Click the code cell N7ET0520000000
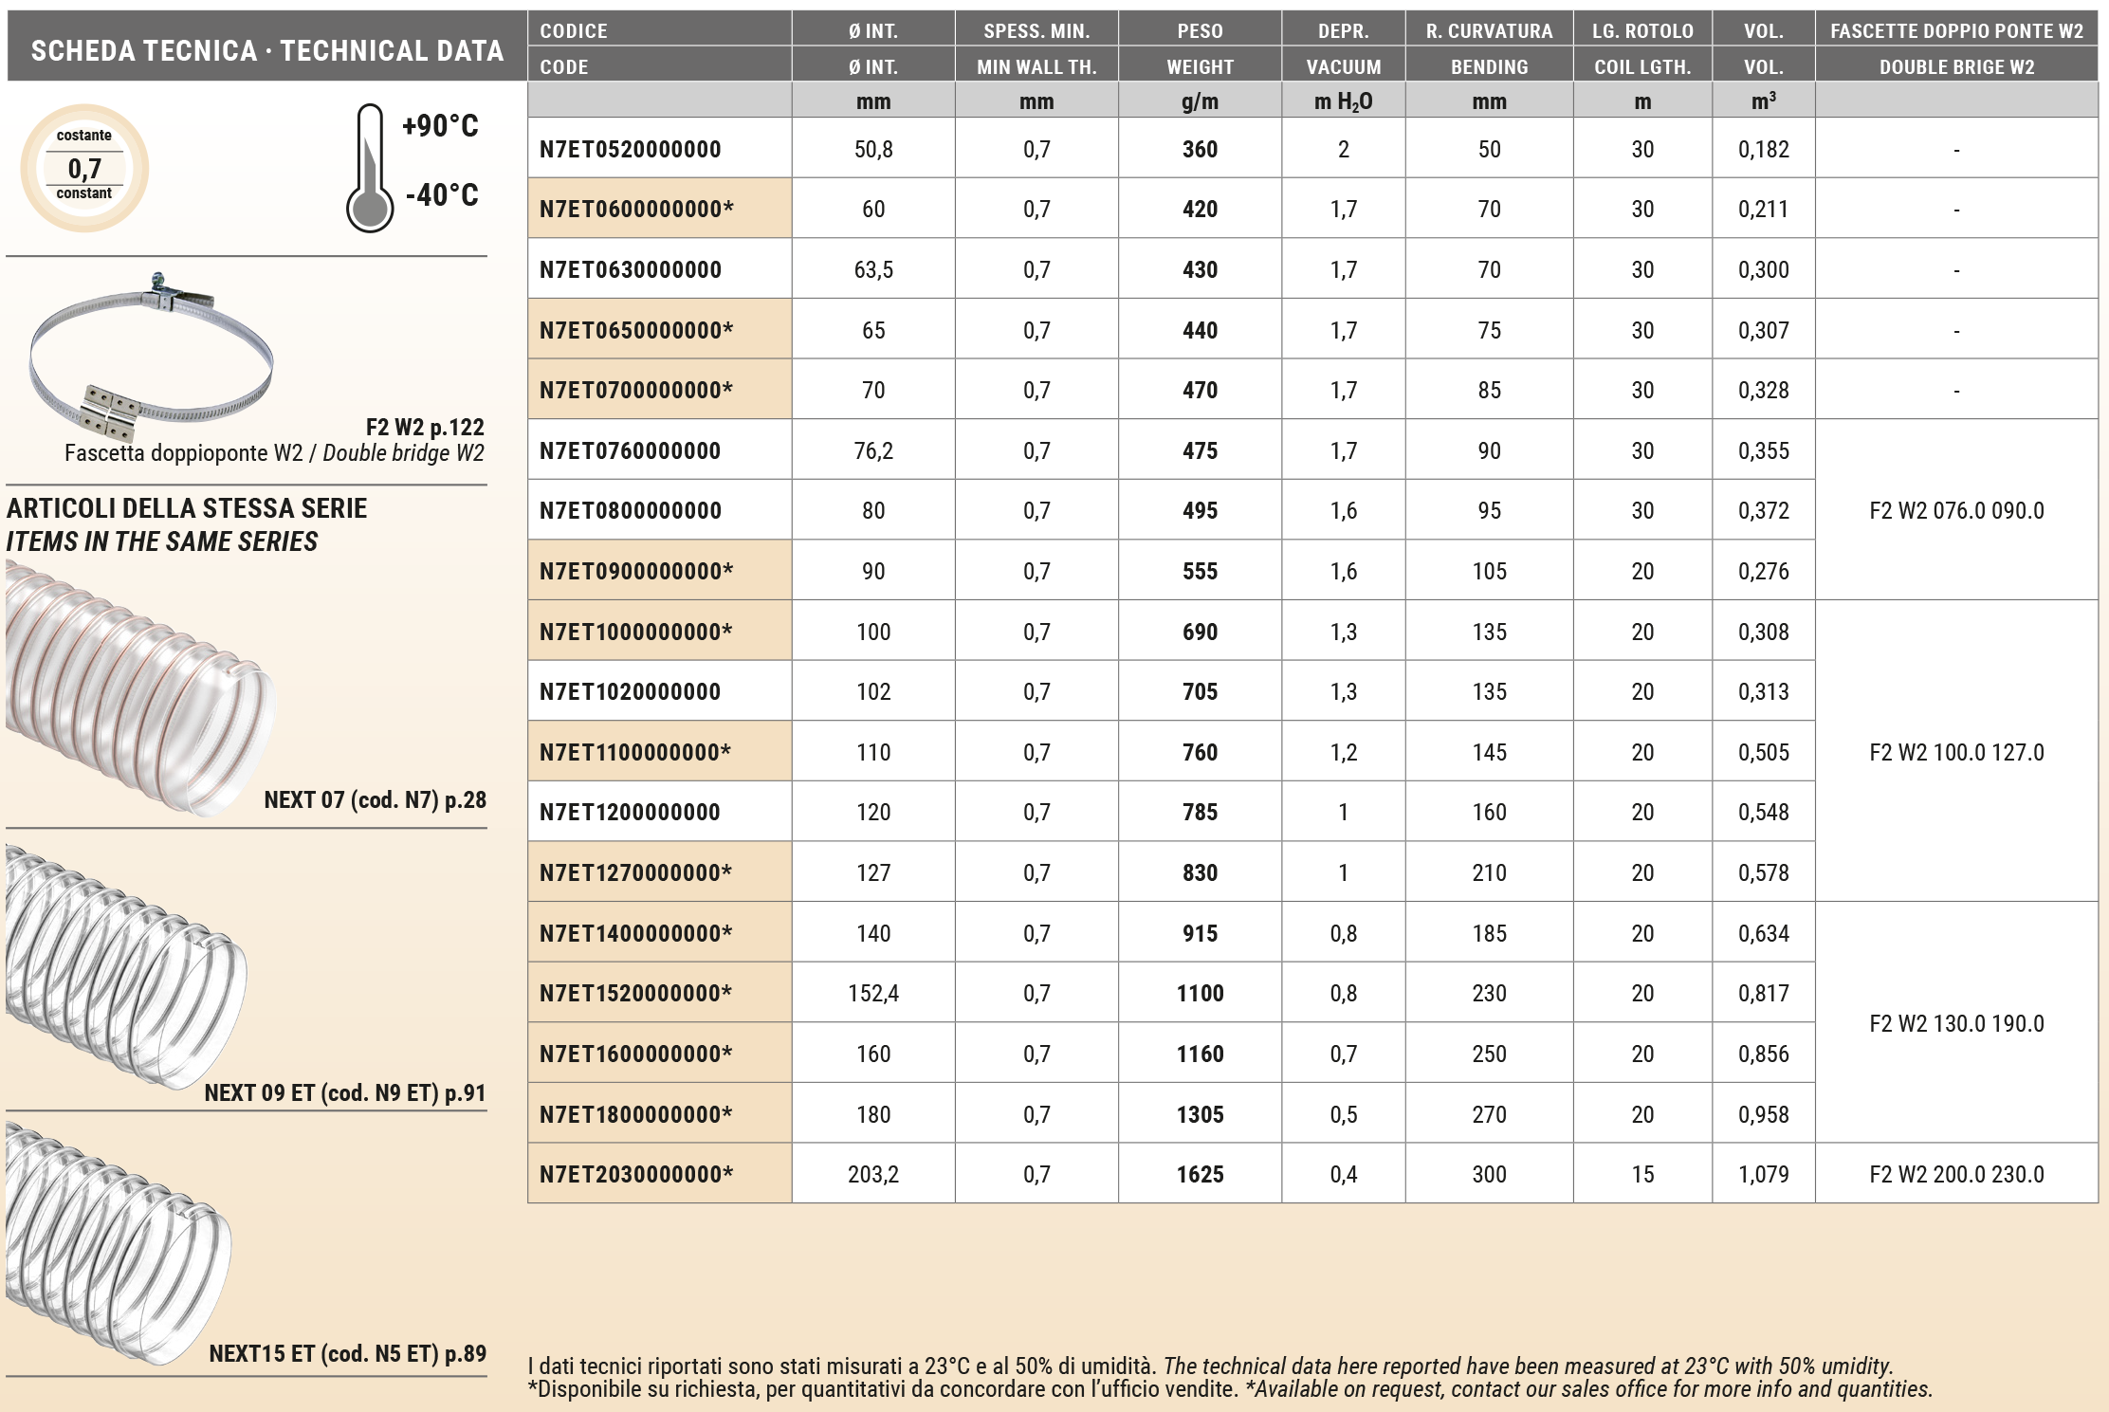pyautogui.click(x=631, y=149)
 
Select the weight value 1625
pyautogui.click(x=1200, y=1174)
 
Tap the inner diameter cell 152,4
pyautogui.click(x=872, y=993)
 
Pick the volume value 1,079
pyautogui.click(x=1763, y=1174)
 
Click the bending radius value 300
pyautogui.click(x=1489, y=1174)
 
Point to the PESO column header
pyautogui.click(x=1200, y=30)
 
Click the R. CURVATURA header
pyautogui.click(x=1489, y=30)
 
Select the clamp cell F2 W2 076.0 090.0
pyautogui.click(x=1956, y=510)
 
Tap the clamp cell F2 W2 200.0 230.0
pyautogui.click(x=1956, y=1174)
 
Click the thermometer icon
pyautogui.click(x=370, y=169)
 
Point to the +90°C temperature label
pyautogui.click(x=440, y=125)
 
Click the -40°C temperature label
pyautogui.click(x=442, y=194)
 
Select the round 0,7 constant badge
pyautogui.click(x=84, y=168)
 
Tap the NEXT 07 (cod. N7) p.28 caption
pyautogui.click(x=375, y=799)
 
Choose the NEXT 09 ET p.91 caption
pyautogui.click(x=345, y=1092)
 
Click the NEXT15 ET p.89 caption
pyautogui.click(x=347, y=1353)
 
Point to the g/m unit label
pyautogui.click(x=1200, y=101)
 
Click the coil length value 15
pyautogui.click(x=1642, y=1174)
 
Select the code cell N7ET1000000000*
pyautogui.click(x=635, y=632)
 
